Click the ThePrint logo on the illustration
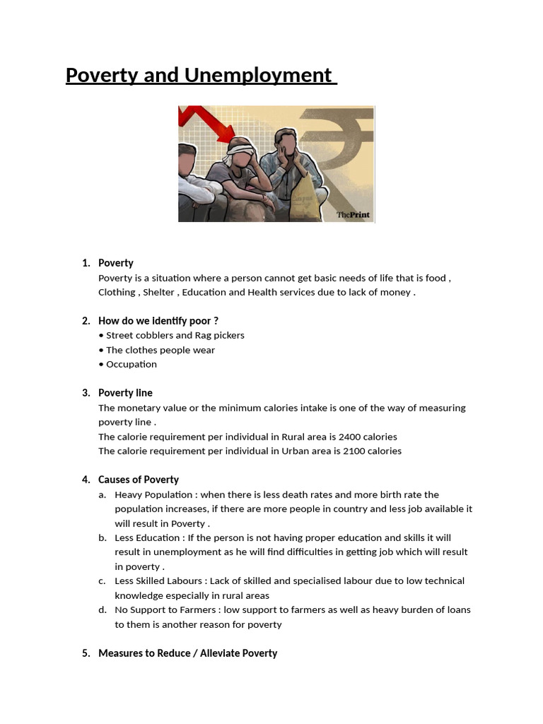click(x=353, y=215)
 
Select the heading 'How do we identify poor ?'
click(x=158, y=321)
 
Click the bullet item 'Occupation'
click(x=131, y=364)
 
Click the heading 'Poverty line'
click(x=125, y=393)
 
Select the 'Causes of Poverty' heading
click(x=139, y=480)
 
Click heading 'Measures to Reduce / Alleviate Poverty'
click(x=187, y=653)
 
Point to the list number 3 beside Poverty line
click(x=86, y=393)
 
